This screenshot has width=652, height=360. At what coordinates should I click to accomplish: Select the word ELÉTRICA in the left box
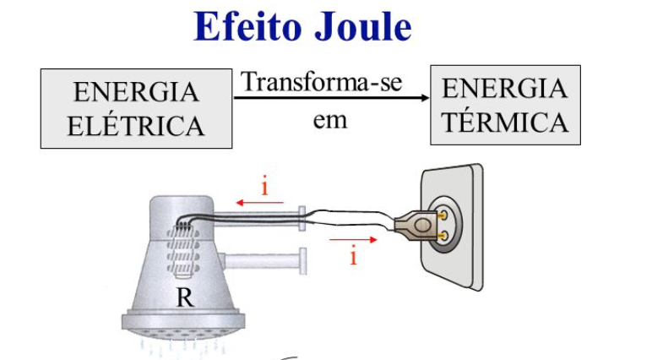pyautogui.click(x=136, y=127)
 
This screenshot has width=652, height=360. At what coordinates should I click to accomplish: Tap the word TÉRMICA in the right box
pyautogui.click(x=505, y=123)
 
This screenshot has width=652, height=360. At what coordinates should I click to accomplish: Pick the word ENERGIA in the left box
pyautogui.click(x=136, y=92)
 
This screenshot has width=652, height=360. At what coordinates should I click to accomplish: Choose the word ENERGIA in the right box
pyautogui.click(x=505, y=88)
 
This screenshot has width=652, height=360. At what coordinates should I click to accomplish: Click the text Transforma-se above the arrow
pyautogui.click(x=322, y=83)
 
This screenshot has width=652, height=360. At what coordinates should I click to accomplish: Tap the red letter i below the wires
pyautogui.click(x=353, y=256)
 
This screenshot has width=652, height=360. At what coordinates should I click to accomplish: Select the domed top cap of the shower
pyautogui.click(x=181, y=207)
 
